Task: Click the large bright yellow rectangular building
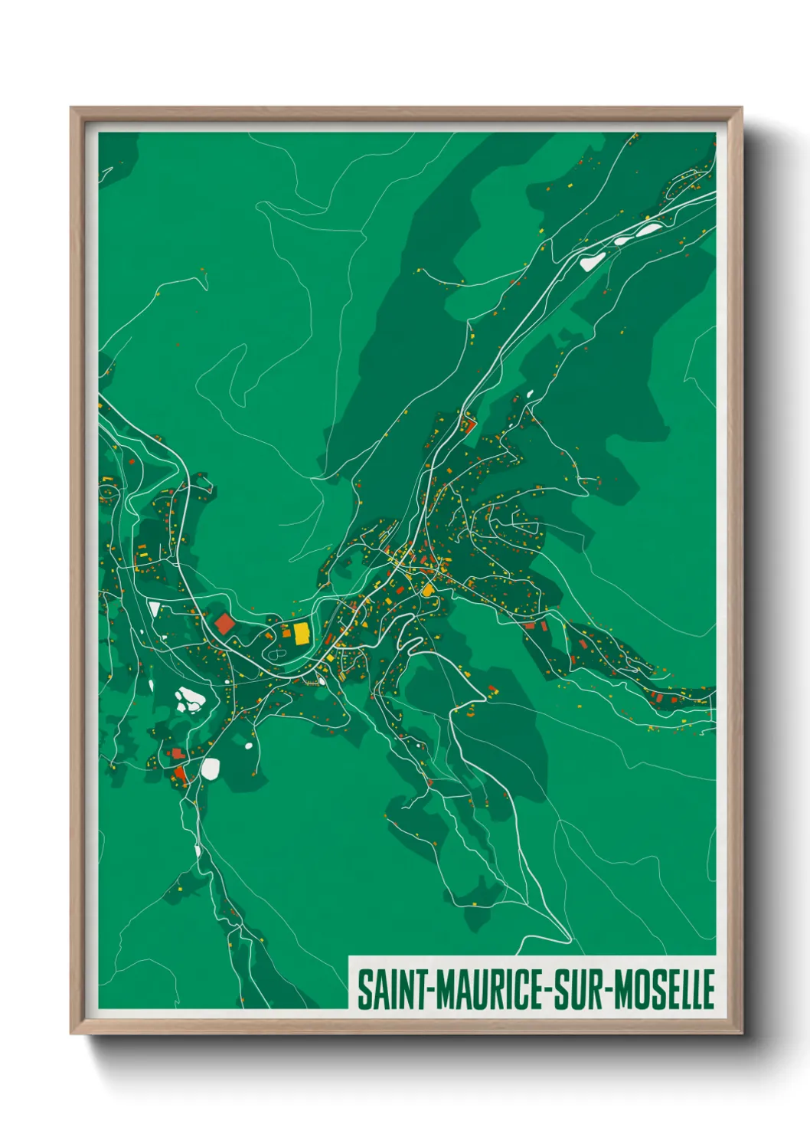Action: tap(301, 633)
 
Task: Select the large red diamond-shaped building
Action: tap(224, 623)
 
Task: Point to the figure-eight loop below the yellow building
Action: tap(273, 656)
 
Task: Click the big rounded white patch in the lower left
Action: tap(210, 769)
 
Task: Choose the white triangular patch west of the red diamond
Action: tap(155, 609)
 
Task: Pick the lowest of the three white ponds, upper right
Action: tap(590, 261)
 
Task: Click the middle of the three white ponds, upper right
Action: tap(622, 240)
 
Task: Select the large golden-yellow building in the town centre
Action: tap(426, 589)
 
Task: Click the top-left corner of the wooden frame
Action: tap(72, 109)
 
